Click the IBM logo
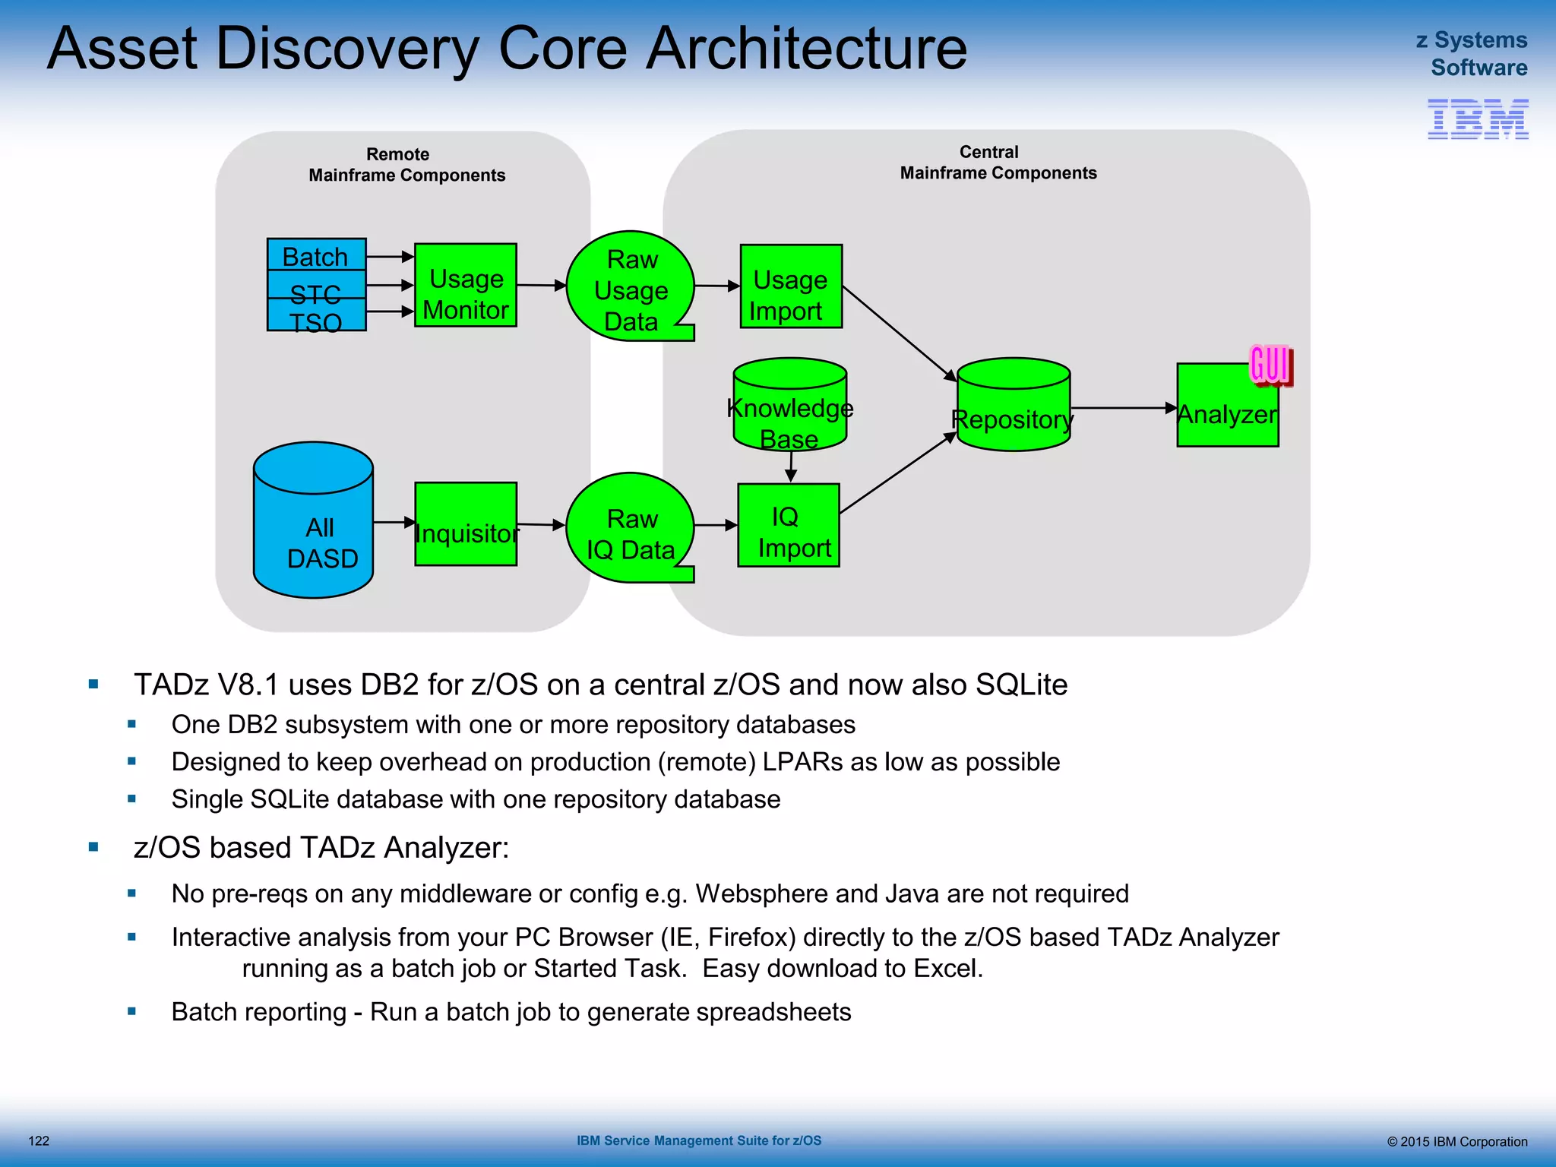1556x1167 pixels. [x=1478, y=119]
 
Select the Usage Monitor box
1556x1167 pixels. [x=465, y=286]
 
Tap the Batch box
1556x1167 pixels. [x=316, y=255]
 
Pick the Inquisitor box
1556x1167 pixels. [x=465, y=524]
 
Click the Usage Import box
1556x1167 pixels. [x=790, y=286]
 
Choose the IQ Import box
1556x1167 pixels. [x=789, y=526]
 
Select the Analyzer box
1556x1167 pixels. [x=1226, y=406]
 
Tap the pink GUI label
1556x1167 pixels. [x=1270, y=364]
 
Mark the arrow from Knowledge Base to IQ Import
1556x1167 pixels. [x=791, y=466]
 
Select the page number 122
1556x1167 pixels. [x=39, y=1141]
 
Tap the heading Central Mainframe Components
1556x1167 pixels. [x=997, y=163]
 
